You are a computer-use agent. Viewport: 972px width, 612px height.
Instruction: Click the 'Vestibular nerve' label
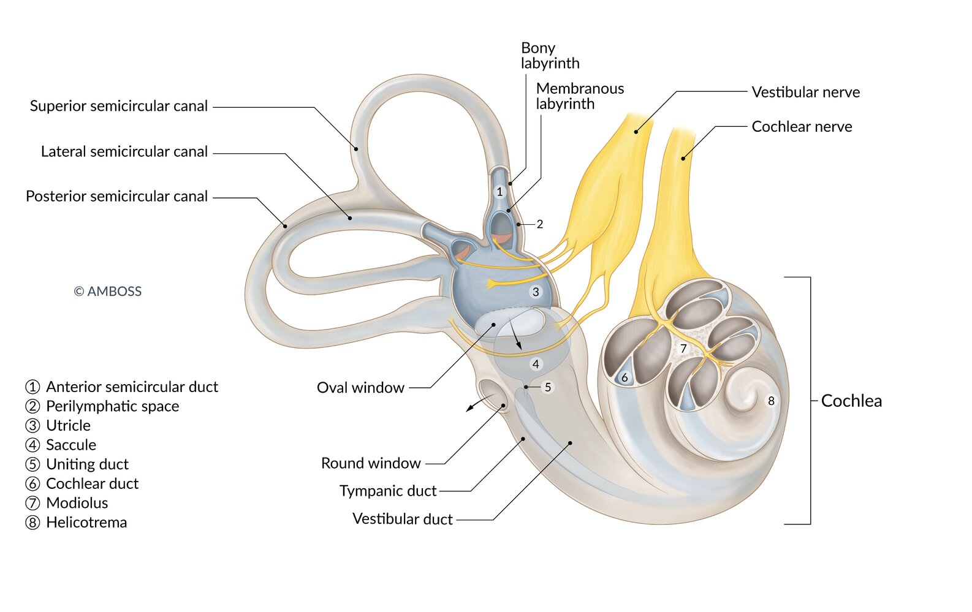point(805,93)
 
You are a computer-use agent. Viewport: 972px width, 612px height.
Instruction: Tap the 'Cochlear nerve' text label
point(802,127)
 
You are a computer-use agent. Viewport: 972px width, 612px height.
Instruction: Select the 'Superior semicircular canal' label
point(119,106)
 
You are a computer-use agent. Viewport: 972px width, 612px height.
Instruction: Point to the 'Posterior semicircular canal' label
point(116,197)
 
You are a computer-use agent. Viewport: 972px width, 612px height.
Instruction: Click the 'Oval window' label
point(360,388)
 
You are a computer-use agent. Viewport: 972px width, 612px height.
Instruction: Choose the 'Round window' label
point(371,463)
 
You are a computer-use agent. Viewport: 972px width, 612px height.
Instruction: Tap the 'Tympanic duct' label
point(388,491)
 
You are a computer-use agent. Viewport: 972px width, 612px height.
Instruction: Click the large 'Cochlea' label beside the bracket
point(851,401)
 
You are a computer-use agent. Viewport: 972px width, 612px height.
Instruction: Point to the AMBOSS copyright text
point(108,292)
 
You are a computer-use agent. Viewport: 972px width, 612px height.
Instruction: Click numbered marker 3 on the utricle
point(536,292)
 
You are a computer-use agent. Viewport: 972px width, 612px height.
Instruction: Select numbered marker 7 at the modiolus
point(683,349)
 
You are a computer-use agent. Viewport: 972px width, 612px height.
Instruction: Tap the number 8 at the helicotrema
point(771,401)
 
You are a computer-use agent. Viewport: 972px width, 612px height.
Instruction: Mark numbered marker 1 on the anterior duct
point(499,192)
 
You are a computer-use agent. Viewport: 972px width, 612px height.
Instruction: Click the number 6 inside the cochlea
point(625,378)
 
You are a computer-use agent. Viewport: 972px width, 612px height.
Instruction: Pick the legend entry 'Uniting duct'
point(87,464)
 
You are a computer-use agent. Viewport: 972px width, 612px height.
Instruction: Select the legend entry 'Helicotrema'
point(86,523)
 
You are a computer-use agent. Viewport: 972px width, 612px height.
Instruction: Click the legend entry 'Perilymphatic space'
point(112,406)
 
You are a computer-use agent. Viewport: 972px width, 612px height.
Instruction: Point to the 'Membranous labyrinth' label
point(580,96)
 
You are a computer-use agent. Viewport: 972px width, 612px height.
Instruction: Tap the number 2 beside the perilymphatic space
point(539,224)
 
